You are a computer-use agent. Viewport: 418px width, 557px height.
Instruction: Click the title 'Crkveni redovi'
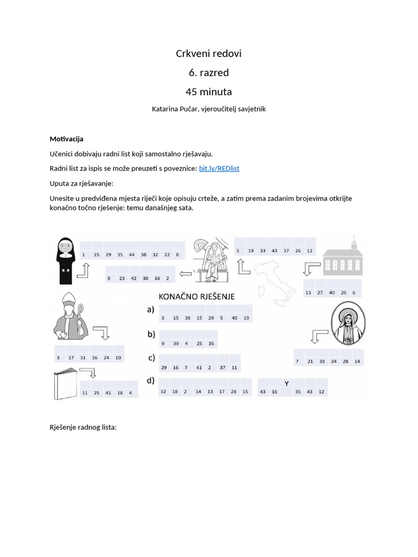(x=208, y=53)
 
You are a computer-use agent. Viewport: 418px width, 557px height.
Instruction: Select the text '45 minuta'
(x=208, y=91)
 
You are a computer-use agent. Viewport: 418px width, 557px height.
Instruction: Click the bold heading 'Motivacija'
(x=66, y=139)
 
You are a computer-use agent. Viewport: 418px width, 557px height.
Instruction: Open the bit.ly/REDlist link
(x=219, y=169)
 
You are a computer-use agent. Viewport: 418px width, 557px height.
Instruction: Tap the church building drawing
(x=343, y=258)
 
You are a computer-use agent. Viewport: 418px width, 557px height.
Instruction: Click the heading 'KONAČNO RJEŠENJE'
(x=196, y=297)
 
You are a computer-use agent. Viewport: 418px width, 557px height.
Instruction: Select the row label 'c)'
(x=151, y=358)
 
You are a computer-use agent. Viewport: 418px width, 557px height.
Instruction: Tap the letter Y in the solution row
(x=286, y=383)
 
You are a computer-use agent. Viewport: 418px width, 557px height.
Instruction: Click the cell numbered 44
(x=131, y=255)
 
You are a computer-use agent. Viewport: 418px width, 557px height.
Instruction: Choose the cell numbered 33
(x=262, y=251)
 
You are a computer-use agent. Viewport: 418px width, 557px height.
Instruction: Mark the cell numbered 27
(x=320, y=293)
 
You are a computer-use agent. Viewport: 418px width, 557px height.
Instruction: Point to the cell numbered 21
(x=310, y=361)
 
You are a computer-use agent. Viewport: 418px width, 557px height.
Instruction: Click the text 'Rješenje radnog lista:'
(x=83, y=427)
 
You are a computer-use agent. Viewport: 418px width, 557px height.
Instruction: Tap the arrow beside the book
(x=88, y=373)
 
